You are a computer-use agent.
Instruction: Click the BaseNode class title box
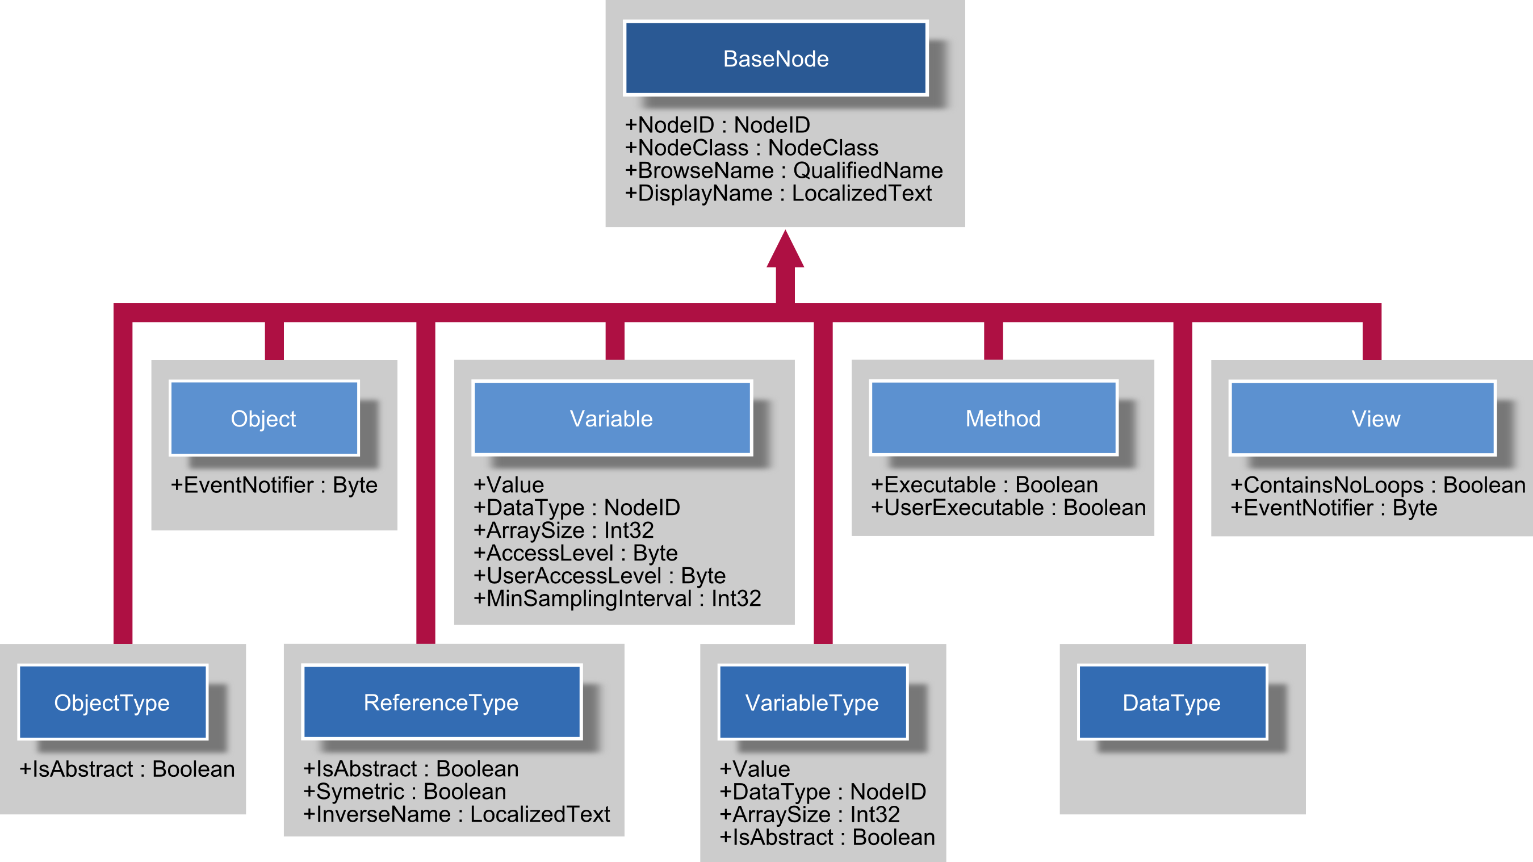pos(776,58)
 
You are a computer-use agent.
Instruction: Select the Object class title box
pos(263,419)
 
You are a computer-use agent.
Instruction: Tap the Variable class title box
pos(611,419)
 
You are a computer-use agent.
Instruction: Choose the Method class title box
pos(992,419)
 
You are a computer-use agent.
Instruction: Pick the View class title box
pos(1363,419)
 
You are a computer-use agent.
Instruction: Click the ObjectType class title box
pos(112,702)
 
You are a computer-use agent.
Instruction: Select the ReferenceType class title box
pos(441,702)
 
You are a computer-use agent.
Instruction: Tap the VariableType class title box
pos(812,702)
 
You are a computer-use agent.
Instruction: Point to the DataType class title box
pos(1172,702)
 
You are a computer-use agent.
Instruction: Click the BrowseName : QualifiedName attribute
pos(783,171)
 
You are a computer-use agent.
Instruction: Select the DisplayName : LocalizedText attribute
pos(778,194)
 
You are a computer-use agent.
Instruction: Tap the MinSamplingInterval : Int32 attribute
pos(617,599)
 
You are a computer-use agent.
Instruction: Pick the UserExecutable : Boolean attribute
pos(1008,508)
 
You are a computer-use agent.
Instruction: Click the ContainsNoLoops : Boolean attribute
pos(1377,485)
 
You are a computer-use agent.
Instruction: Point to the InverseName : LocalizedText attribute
pos(456,814)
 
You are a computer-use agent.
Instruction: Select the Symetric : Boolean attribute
pos(405,792)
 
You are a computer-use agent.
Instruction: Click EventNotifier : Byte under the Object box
pos(274,485)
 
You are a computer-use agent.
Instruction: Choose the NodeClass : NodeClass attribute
pos(751,148)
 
